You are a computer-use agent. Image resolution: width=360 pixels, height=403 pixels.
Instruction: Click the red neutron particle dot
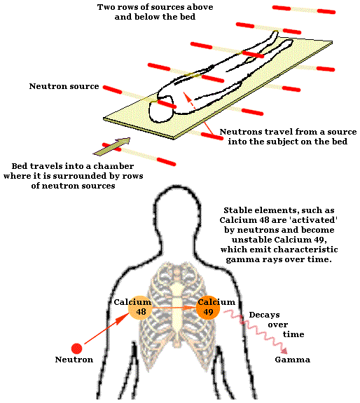click(76, 348)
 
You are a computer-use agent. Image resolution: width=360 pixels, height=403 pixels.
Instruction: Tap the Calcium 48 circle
click(140, 308)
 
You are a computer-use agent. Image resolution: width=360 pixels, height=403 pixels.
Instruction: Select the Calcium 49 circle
click(208, 308)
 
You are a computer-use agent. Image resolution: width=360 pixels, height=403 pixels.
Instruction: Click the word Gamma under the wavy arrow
click(293, 360)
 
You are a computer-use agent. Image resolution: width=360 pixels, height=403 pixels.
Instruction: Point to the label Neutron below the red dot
click(74, 360)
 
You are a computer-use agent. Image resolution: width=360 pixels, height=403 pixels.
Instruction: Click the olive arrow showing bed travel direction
click(111, 146)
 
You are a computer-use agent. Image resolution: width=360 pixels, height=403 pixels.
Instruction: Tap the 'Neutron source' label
click(64, 86)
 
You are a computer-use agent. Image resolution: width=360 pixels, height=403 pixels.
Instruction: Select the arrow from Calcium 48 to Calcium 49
click(174, 308)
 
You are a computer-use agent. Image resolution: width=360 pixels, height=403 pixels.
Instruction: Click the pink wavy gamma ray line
click(256, 332)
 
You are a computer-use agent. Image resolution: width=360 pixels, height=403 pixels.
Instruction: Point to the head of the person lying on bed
click(161, 109)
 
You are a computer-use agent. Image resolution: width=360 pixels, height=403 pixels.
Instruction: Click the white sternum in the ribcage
click(176, 305)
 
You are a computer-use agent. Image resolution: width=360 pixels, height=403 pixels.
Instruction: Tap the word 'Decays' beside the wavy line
click(264, 315)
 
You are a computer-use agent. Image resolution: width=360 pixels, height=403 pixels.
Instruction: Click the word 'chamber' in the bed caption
click(113, 166)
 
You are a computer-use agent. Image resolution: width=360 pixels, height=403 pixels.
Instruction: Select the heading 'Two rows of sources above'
click(155, 7)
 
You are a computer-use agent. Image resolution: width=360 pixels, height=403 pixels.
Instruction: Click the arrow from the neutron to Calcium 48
click(106, 328)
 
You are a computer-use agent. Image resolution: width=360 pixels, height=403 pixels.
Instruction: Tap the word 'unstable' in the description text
click(251, 240)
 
